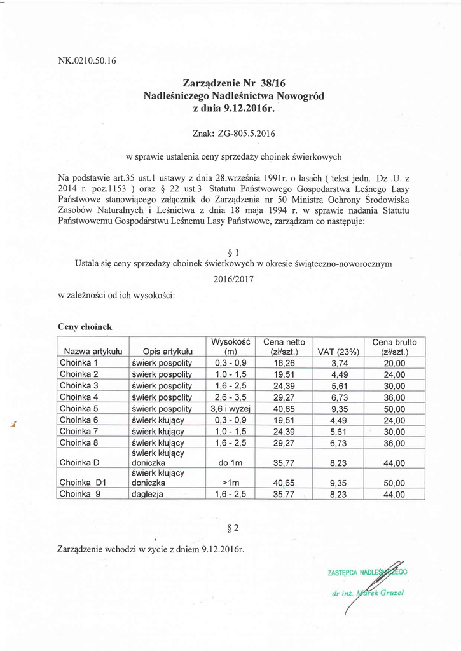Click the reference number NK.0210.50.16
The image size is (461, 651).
pos(86,61)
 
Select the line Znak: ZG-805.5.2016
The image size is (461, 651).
pos(233,134)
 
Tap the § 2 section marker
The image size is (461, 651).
pos(232,528)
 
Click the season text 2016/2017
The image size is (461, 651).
pos(232,278)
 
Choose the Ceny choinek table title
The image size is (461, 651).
pos(85,326)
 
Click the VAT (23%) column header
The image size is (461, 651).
pos(338,352)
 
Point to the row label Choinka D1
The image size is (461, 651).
pos(82,482)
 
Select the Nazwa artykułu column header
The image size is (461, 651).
pos(93,352)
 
